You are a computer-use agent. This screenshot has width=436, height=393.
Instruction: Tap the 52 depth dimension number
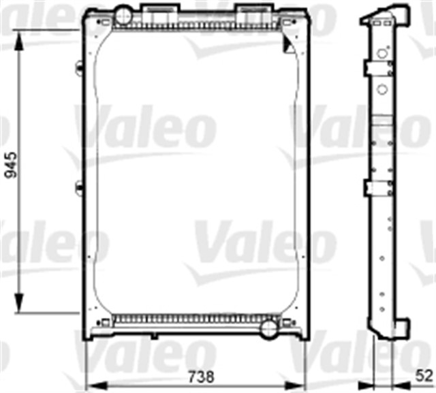click(x=424, y=375)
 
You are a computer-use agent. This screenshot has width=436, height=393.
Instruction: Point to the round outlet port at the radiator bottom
click(x=269, y=328)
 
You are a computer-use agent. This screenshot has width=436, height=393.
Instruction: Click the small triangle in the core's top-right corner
click(x=288, y=46)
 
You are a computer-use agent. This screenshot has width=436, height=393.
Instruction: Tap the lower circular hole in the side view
click(x=382, y=89)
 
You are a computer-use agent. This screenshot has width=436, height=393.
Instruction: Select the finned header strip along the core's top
click(x=198, y=28)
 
